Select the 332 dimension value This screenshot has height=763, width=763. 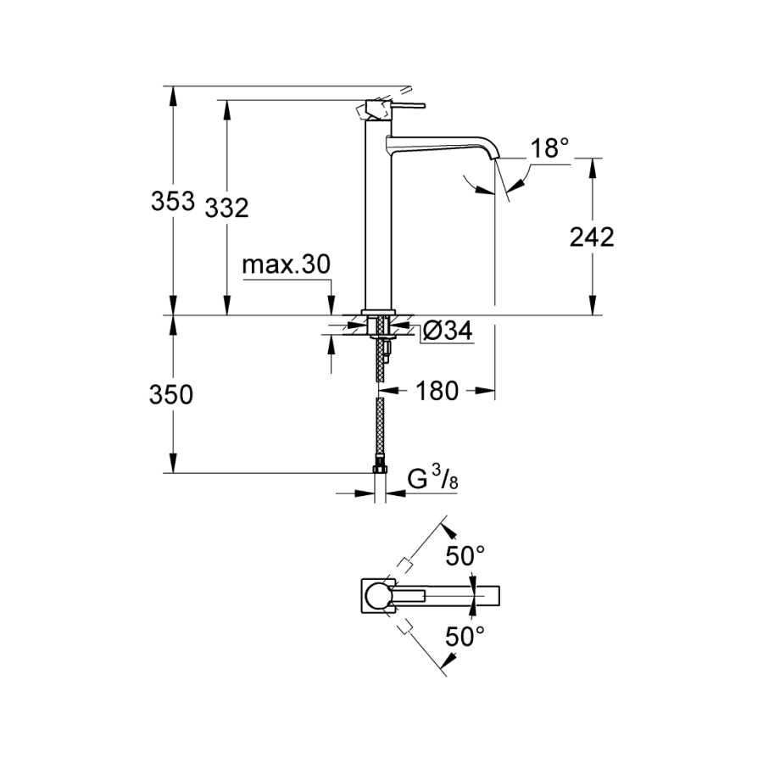226,207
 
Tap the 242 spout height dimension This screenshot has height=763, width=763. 591,237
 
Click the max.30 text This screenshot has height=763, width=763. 285,266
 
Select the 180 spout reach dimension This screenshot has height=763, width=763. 437,391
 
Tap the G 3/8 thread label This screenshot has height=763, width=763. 432,480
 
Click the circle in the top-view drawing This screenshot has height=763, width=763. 378,594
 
